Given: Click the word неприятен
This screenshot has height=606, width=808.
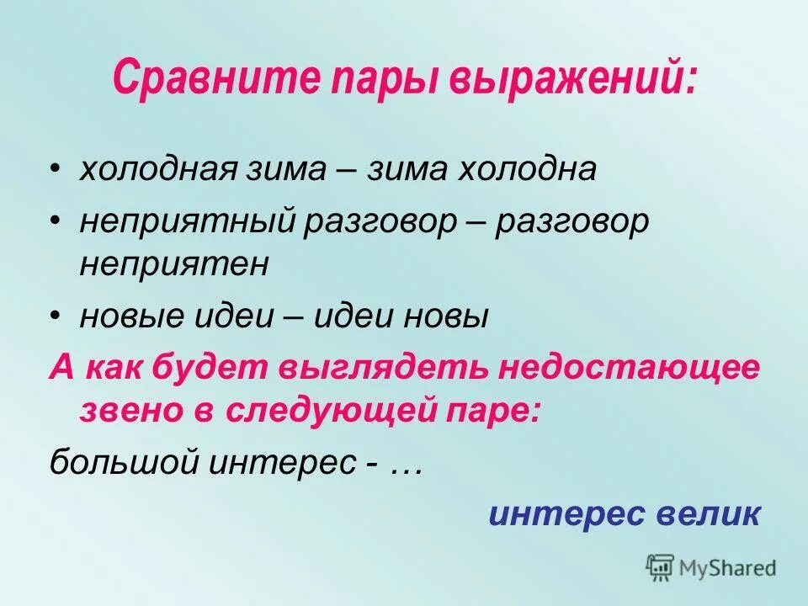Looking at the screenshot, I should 174,263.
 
